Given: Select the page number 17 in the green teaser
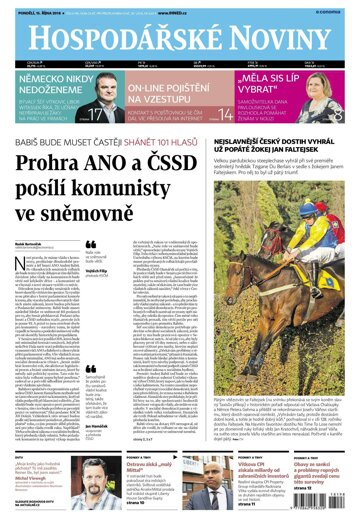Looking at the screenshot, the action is (96, 115).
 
